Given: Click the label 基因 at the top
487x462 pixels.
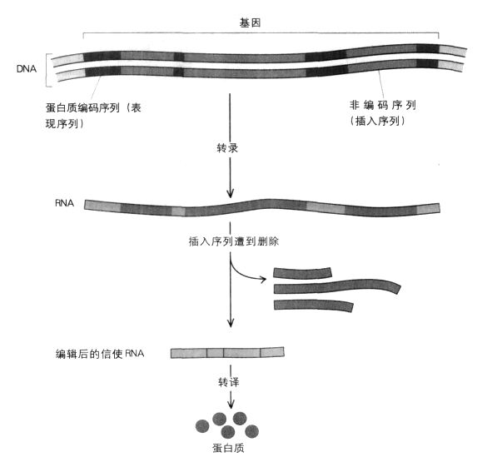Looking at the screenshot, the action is click(250, 22).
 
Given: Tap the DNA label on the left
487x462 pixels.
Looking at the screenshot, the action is click(27, 68).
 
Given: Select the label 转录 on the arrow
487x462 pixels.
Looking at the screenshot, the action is click(227, 148).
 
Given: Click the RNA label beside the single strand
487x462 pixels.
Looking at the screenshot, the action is click(65, 203).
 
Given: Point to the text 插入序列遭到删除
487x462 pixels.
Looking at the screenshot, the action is click(234, 241).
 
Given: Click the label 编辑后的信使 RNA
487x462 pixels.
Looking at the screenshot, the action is click(100, 354).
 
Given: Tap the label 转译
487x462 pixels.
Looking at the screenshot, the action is click(229, 382).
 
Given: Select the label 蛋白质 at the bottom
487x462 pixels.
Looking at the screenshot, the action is click(228, 448).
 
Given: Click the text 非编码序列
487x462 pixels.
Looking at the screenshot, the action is click(383, 105).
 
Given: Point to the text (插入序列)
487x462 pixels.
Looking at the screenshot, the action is click(377, 121).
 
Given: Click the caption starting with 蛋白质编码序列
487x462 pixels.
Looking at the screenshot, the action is click(93, 116).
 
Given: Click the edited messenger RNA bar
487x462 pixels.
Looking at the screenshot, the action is click(227, 352).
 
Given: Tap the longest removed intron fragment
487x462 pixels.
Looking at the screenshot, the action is click(337, 287).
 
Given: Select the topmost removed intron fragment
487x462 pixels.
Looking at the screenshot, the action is click(302, 272).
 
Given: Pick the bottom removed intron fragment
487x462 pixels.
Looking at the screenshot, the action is click(313, 306).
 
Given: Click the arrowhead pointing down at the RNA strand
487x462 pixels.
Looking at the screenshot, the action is click(230, 193).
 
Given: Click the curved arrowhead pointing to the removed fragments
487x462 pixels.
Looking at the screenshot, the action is click(263, 280).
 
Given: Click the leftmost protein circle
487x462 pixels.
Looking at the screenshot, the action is click(202, 426).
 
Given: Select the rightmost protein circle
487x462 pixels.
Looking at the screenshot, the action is click(251, 431).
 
